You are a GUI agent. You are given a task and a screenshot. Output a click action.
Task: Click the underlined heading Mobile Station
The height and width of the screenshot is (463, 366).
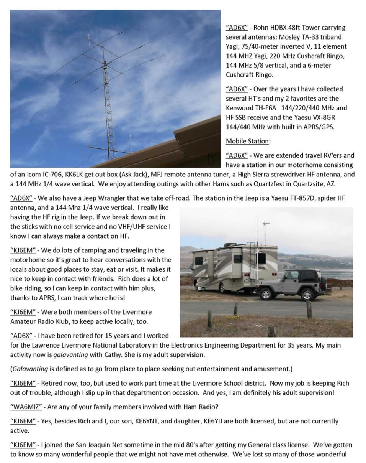tap(247, 141)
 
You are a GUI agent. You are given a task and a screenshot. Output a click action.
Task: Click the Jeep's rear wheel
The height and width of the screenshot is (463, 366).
tap(307, 295)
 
